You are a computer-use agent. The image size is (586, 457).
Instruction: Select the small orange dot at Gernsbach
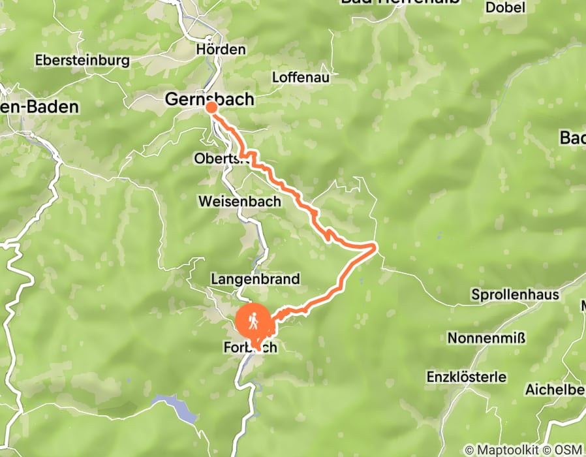click(x=211, y=108)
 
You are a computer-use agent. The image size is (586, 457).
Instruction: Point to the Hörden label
click(x=221, y=50)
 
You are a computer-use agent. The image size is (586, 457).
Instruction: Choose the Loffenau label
click(x=301, y=77)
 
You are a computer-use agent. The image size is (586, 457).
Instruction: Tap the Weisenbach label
click(x=239, y=202)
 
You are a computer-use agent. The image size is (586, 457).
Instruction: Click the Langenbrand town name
click(x=255, y=279)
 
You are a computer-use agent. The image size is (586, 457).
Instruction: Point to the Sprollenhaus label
click(x=515, y=294)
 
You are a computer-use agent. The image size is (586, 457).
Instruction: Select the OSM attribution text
click(x=567, y=450)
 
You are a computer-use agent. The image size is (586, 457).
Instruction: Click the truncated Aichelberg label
click(x=555, y=389)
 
